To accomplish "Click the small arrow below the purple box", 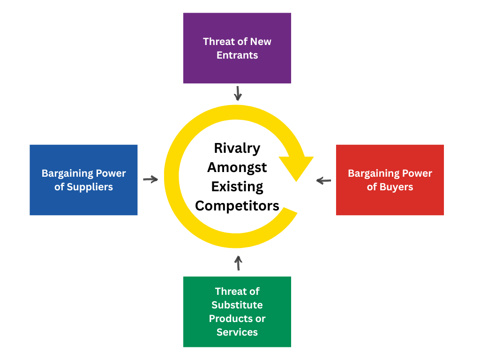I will click(238, 93).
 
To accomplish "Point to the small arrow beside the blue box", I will click(150, 179).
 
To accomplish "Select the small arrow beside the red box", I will click(323, 180).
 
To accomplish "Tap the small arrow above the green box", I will click(238, 263).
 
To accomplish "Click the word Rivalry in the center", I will click(237, 148).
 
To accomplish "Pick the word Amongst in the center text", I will click(237, 167).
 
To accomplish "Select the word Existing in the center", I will click(237, 187).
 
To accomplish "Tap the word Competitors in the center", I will click(237, 206).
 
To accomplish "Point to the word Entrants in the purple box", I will click(237, 55).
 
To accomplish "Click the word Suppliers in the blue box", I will click(90, 187).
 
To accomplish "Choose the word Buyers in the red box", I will click(396, 187).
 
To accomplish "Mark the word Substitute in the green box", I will click(237, 305).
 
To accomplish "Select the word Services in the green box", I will click(237, 332).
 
